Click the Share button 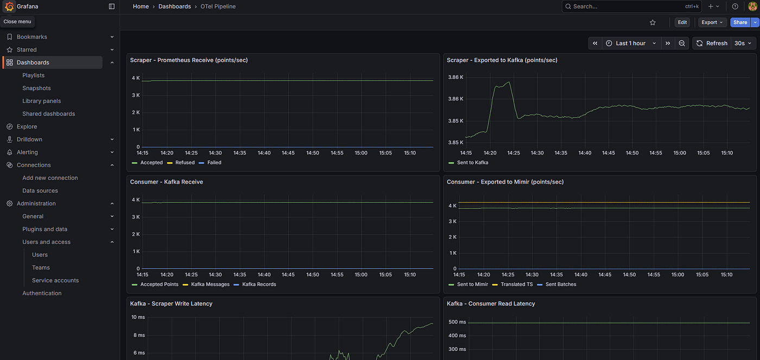tap(740, 22)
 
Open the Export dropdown tap(712, 22)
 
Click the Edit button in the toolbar tap(682, 22)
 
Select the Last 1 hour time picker tap(631, 43)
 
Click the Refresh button tap(712, 43)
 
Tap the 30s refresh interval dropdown tap(743, 43)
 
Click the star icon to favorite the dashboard tap(653, 22)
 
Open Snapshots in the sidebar tap(36, 88)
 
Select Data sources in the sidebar tap(40, 191)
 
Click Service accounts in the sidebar tap(55, 280)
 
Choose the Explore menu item tap(27, 127)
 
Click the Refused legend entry tap(181, 162)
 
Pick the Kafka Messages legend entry tap(206, 285)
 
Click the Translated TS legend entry tap(512, 285)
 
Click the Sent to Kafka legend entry tap(468, 162)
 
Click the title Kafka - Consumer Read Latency tap(491, 304)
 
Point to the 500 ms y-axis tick tap(457, 322)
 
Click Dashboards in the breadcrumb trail tap(174, 7)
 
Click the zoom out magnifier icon tap(682, 43)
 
